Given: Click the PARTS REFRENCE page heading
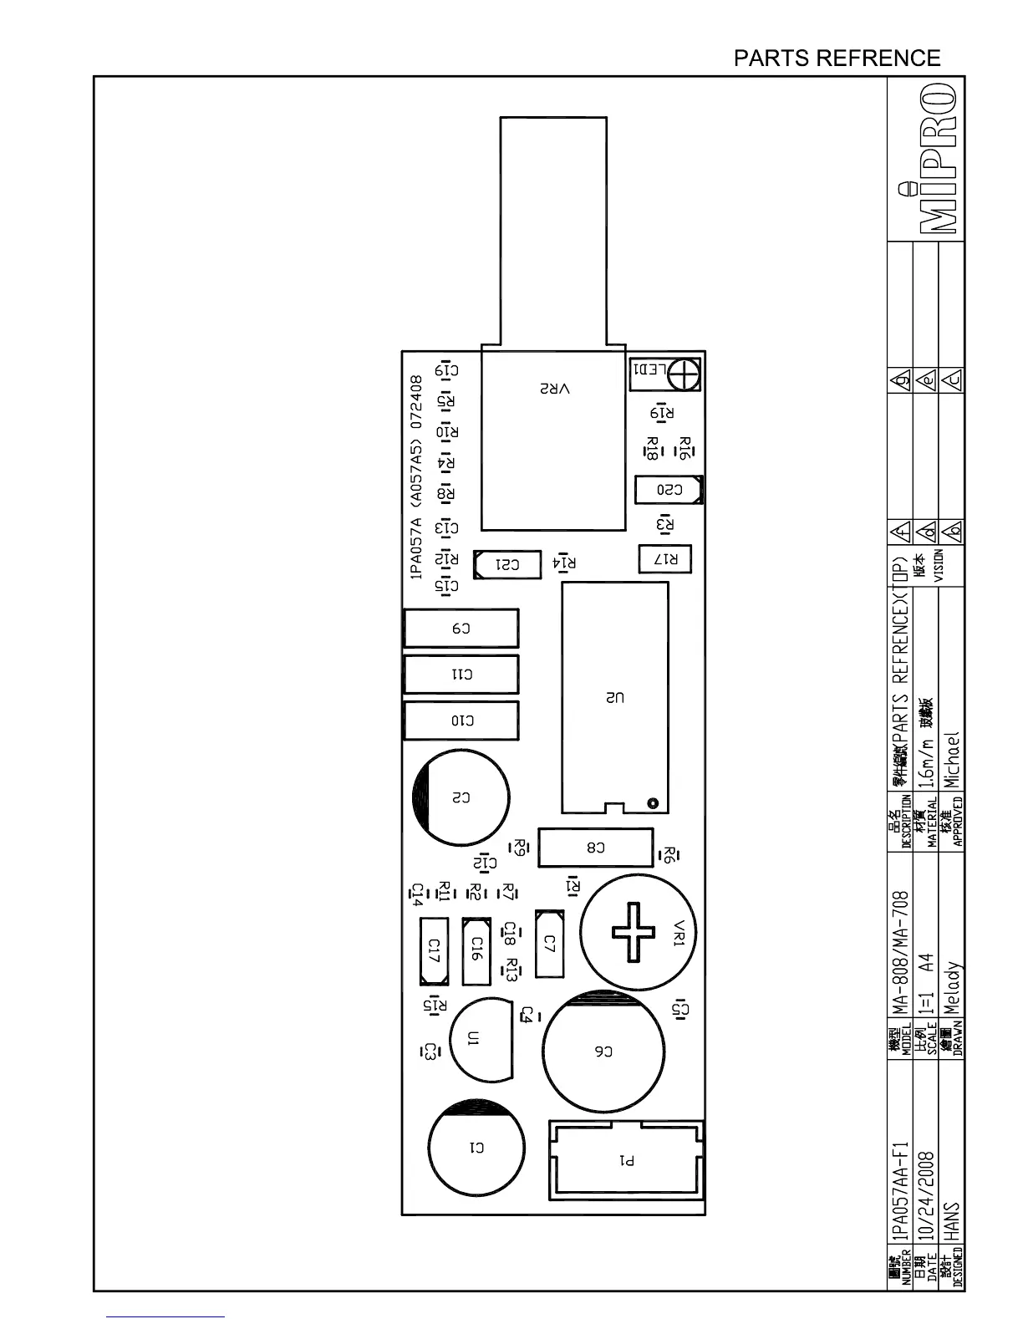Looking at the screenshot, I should [837, 59].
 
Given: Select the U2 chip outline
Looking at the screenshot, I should [615, 696].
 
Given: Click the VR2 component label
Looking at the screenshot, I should [554, 390].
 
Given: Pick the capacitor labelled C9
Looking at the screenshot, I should [461, 629].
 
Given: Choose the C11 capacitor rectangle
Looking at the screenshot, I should [461, 675].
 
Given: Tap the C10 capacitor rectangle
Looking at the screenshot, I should [461, 721].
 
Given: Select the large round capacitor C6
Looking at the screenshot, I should [603, 1052].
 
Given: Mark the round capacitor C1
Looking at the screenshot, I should [476, 1148].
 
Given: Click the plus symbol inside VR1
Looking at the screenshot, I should [634, 932].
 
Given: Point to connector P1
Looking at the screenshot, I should [627, 1160].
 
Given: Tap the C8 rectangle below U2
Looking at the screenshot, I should [595, 848].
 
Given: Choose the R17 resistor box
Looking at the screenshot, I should [665, 559].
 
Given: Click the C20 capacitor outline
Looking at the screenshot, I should [669, 490].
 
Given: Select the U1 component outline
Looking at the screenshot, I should [480, 1039].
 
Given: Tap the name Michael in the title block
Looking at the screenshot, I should [953, 761].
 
